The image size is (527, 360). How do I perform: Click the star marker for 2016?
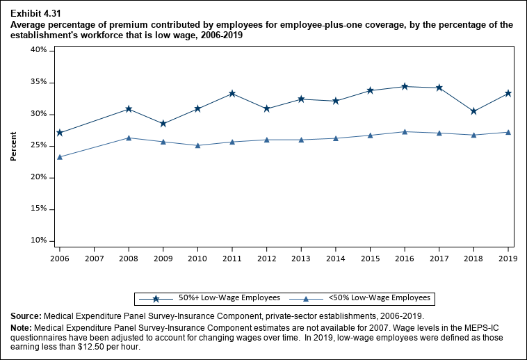[x=405, y=86]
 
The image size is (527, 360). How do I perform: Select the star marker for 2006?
[x=60, y=133]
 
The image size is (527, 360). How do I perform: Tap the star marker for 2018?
[x=473, y=111]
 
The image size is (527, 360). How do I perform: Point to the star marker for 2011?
[x=232, y=93]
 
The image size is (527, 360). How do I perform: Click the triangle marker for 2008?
[x=129, y=138]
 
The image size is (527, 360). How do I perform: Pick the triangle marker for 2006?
[x=60, y=157]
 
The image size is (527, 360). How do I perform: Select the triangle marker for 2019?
[x=508, y=132]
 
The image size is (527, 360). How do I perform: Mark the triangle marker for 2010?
[x=197, y=145]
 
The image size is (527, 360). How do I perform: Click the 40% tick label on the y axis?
[x=39, y=51]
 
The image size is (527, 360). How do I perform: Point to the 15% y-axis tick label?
[x=39, y=209]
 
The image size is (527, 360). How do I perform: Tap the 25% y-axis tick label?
[x=39, y=146]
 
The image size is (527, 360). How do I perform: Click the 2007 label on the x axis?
[x=94, y=258]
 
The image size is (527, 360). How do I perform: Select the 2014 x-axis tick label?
[x=335, y=258]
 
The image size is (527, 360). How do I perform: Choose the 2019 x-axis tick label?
[x=508, y=258]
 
